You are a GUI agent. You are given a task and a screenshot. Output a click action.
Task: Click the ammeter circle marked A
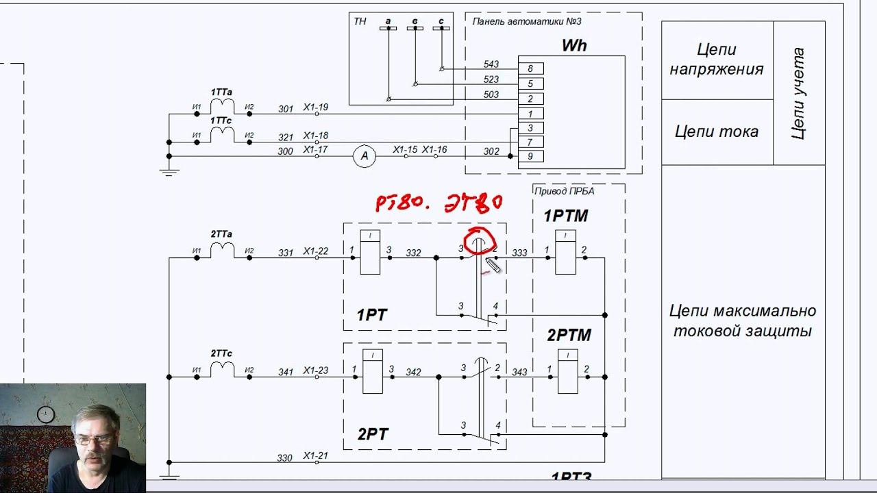pyautogui.click(x=365, y=156)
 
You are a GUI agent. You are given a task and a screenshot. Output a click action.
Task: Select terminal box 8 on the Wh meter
pyautogui.click(x=530, y=68)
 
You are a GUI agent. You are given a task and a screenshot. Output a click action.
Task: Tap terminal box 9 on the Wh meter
pyautogui.click(x=530, y=157)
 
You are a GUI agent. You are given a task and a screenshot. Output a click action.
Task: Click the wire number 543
pyautogui.click(x=491, y=64)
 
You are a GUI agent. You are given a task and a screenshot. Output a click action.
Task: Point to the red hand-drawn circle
pyautogui.click(x=480, y=241)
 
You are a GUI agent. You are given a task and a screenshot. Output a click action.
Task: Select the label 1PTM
pyautogui.click(x=566, y=216)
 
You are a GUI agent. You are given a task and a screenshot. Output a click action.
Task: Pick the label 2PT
pyautogui.click(x=373, y=434)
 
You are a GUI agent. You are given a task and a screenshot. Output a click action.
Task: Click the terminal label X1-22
pyautogui.click(x=316, y=252)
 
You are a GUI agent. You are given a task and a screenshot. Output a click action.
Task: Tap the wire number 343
pyautogui.click(x=519, y=372)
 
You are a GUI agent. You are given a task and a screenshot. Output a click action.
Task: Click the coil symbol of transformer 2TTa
pyautogui.click(x=222, y=251)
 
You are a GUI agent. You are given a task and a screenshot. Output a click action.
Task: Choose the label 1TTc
pyautogui.click(x=221, y=121)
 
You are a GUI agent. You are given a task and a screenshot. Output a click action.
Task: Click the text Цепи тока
pyautogui.click(x=717, y=131)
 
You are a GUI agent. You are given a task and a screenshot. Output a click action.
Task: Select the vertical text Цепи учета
pyautogui.click(x=798, y=93)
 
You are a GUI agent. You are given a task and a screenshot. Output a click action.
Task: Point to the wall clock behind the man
pyautogui.click(x=45, y=414)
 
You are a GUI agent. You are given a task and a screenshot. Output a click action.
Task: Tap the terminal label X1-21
pyautogui.click(x=316, y=456)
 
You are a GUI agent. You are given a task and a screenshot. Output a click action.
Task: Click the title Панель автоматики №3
pyautogui.click(x=527, y=21)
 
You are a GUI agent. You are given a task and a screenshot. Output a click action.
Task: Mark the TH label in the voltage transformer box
pyautogui.click(x=360, y=22)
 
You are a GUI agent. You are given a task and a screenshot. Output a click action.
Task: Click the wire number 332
pyautogui.click(x=413, y=253)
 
